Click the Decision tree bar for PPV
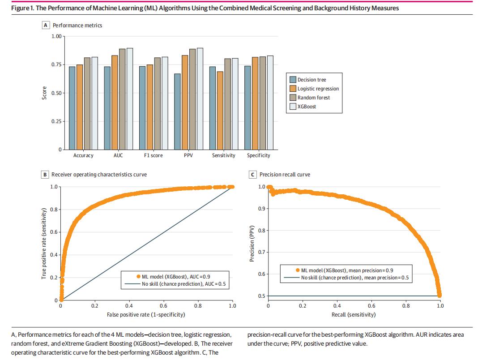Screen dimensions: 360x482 click(178, 111)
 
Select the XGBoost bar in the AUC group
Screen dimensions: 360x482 click(130, 99)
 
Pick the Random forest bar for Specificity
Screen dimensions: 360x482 click(263, 103)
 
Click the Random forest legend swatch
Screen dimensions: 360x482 click(293, 98)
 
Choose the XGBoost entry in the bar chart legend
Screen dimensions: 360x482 click(307, 107)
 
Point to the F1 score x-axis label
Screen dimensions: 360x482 click(153, 155)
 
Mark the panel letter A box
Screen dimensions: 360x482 click(45, 26)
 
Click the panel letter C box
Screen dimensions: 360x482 click(253, 175)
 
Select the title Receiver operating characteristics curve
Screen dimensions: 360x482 click(99, 175)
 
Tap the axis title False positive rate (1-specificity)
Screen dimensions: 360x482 click(146, 314)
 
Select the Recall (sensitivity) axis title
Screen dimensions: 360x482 click(354, 314)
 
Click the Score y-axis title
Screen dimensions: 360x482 click(44, 93)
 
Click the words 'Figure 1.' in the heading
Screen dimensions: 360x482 click(20, 9)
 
